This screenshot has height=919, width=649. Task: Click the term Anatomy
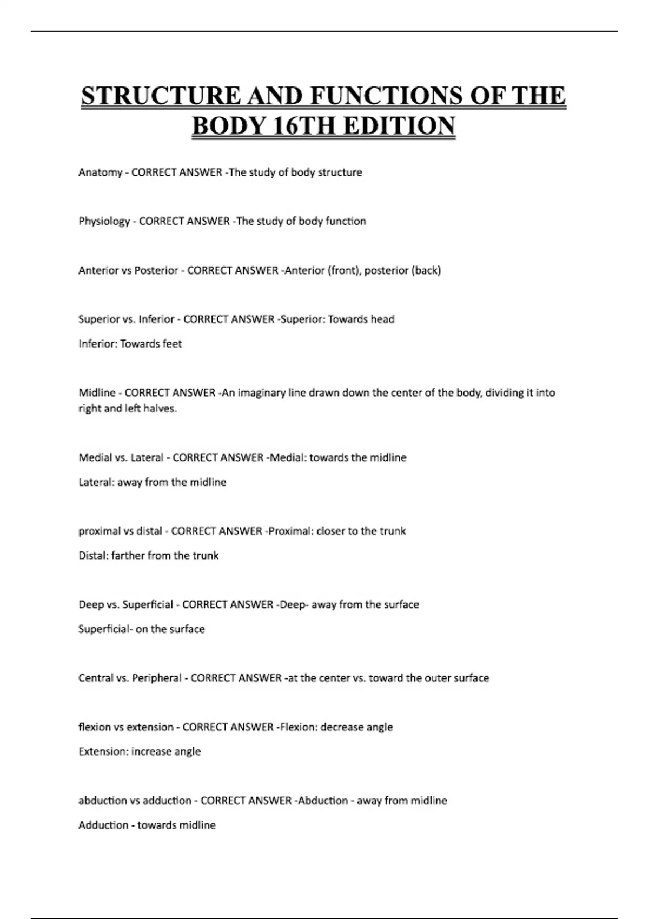pyautogui.click(x=101, y=172)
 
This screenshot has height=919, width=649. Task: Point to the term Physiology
pyautogui.click(x=104, y=221)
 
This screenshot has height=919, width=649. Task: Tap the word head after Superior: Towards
pyautogui.click(x=382, y=319)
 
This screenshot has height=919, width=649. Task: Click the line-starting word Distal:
pyautogui.click(x=94, y=556)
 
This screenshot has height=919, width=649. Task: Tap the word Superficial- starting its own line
pyautogui.click(x=105, y=629)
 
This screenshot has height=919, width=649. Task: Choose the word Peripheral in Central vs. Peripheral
pyautogui.click(x=157, y=678)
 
